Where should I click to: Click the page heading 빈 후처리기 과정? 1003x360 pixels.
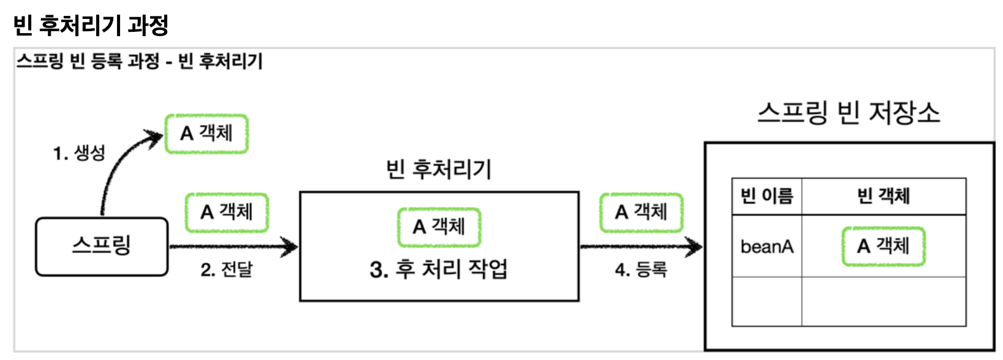pyautogui.click(x=91, y=25)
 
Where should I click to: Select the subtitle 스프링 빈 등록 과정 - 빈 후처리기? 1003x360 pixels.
pyautogui.click(x=140, y=61)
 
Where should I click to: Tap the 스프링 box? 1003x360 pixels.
pyautogui.click(x=102, y=246)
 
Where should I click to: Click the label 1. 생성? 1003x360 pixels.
pyautogui.click(x=79, y=152)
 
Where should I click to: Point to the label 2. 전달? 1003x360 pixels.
pyautogui.click(x=227, y=269)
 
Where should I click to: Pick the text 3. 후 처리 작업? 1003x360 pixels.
pyautogui.click(x=438, y=269)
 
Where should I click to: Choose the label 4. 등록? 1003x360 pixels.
pyautogui.click(x=641, y=269)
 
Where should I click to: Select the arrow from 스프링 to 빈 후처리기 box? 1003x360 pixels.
pyautogui.click(x=233, y=247)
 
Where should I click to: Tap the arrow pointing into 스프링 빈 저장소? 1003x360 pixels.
pyautogui.click(x=640, y=247)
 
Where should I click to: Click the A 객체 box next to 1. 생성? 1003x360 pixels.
pyautogui.click(x=207, y=133)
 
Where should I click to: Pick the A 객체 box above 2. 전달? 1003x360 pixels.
pyautogui.click(x=227, y=212)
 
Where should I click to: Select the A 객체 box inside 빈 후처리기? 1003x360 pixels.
pyautogui.click(x=439, y=227)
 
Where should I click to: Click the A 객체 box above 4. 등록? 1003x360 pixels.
pyautogui.click(x=641, y=212)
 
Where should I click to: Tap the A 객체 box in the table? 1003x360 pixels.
pyautogui.click(x=883, y=246)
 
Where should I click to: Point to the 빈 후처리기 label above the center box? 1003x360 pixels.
pyautogui.click(x=438, y=169)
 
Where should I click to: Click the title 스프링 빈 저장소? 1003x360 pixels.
pyautogui.click(x=848, y=113)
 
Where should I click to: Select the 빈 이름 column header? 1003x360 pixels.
pyautogui.click(x=767, y=196)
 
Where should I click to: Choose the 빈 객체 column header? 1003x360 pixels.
pyautogui.click(x=883, y=196)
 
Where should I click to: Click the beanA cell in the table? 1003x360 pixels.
pyautogui.click(x=767, y=247)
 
